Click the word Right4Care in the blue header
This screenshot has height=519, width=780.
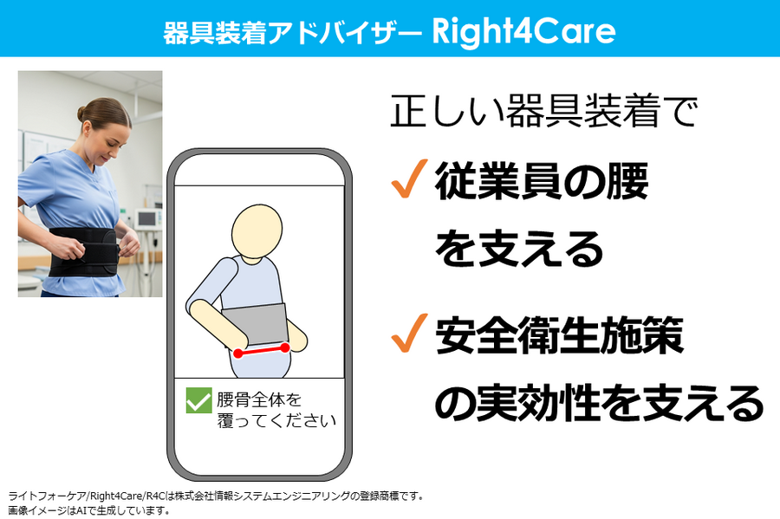[x=523, y=31]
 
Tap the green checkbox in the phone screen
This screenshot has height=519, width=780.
[x=199, y=400]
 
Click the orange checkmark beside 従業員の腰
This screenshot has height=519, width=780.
[x=409, y=179]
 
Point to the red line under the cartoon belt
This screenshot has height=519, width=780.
[x=262, y=350]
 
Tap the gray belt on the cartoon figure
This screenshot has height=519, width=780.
[x=255, y=324]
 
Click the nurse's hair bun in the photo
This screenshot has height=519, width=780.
[x=81, y=114]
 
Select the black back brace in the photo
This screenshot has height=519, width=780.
[x=84, y=251]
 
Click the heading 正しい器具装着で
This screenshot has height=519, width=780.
[x=544, y=110]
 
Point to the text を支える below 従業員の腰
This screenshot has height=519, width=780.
[x=519, y=249]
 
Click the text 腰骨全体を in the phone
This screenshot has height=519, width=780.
[x=259, y=399]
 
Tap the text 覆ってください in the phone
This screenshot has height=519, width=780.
[x=276, y=420]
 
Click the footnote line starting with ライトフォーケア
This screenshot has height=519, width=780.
[x=216, y=496]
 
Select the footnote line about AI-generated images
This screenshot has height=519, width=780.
[x=89, y=510]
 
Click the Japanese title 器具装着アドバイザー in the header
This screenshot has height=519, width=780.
[x=293, y=33]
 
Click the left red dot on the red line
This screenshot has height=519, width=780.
[x=238, y=354]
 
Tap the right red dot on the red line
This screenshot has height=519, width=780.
[x=285, y=347]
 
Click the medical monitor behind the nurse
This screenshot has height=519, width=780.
[x=147, y=218]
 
